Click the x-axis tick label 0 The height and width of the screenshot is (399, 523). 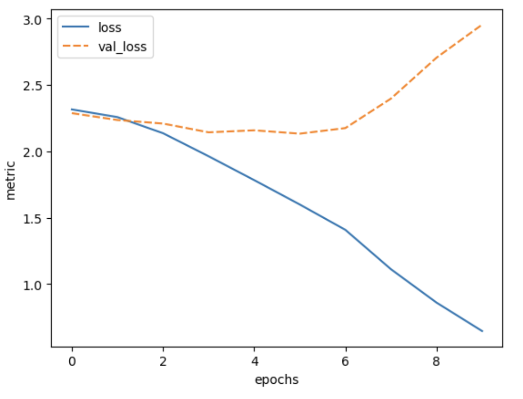click(72, 362)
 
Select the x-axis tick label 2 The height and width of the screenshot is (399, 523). click(163, 362)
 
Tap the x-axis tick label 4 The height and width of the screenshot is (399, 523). click(254, 362)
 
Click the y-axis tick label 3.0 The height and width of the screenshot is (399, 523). click(33, 19)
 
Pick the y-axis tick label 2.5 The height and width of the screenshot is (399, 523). click(33, 86)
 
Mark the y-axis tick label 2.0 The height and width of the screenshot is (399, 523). click(33, 152)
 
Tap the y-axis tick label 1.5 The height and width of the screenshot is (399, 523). click(33, 218)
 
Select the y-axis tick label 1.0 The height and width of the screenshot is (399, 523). click(33, 285)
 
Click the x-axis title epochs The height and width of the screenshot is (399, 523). click(277, 380)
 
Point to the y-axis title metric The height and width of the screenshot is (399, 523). click(11, 180)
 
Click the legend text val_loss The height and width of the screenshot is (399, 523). click(122, 48)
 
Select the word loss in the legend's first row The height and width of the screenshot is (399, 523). click(110, 28)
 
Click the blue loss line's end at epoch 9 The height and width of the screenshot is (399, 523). click(483, 331)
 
